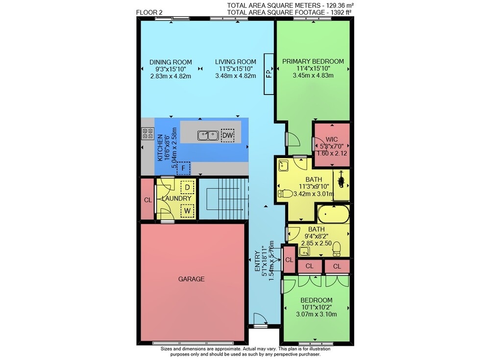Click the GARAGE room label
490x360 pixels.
pyautogui.click(x=191, y=279)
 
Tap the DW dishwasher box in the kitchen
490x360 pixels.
pyautogui.click(x=227, y=135)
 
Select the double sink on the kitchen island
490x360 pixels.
pyautogui.click(x=208, y=136)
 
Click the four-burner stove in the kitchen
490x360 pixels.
pyautogui.click(x=148, y=133)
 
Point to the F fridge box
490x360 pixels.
pyautogui.click(x=183, y=168)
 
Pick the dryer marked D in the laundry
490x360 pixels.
pyautogui.click(x=188, y=187)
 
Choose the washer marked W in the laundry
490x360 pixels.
pyautogui.click(x=187, y=211)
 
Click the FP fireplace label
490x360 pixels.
pyautogui.click(x=269, y=73)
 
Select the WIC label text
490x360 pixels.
pyautogui.click(x=332, y=140)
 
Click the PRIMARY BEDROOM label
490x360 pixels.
pyautogui.click(x=313, y=61)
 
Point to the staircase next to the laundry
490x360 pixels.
pyautogui.click(x=224, y=199)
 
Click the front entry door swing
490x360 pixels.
pyautogui.click(x=260, y=319)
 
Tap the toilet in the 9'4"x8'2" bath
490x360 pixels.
pyautogui.click(x=337, y=249)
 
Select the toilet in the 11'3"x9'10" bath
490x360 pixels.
pyautogui.click(x=285, y=194)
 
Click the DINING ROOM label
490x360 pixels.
pyautogui.click(x=171, y=62)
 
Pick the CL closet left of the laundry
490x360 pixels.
pyautogui.click(x=148, y=200)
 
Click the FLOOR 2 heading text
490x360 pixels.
pyautogui.click(x=149, y=13)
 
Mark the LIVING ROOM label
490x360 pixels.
pyautogui.click(x=235, y=62)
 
